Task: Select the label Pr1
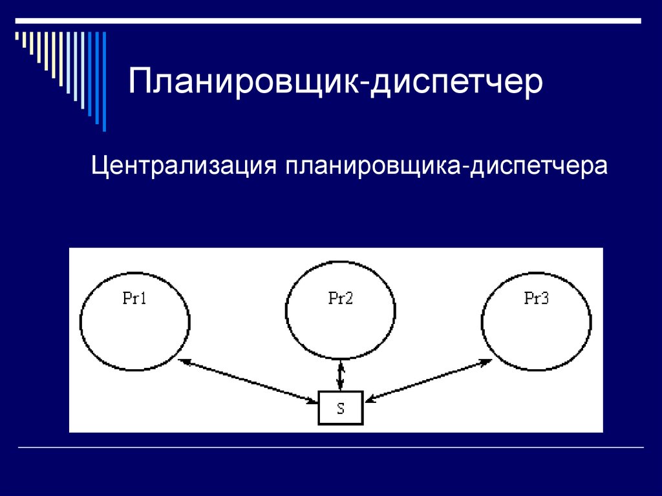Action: point(134,299)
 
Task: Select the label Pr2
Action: point(340,299)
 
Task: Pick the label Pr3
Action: point(536,299)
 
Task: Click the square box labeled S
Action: point(341,408)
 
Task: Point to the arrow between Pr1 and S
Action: point(249,382)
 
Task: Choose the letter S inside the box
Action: point(341,409)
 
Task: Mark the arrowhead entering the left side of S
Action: point(314,402)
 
